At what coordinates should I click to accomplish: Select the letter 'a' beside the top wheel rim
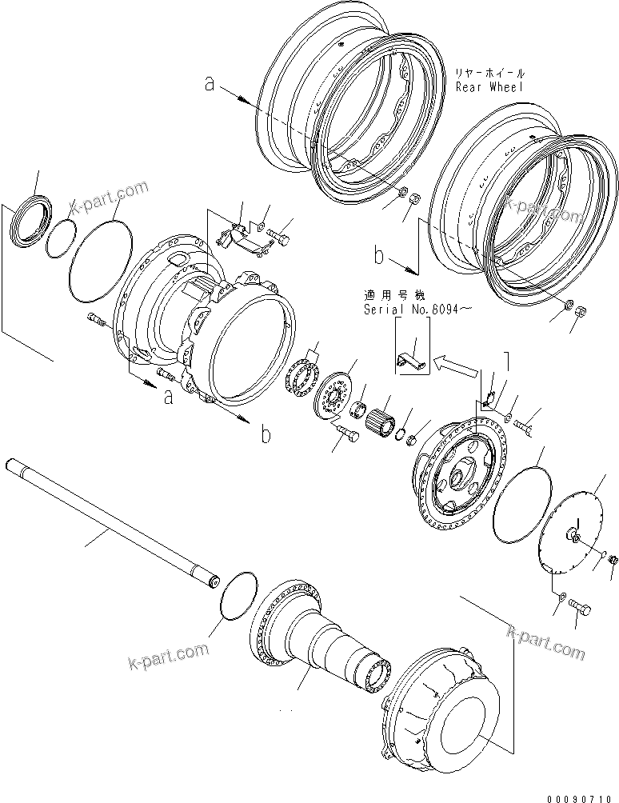[210, 83]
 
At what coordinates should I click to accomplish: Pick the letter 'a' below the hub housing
[168, 397]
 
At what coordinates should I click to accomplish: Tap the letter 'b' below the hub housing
[265, 435]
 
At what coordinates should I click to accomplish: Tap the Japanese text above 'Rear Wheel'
[488, 71]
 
